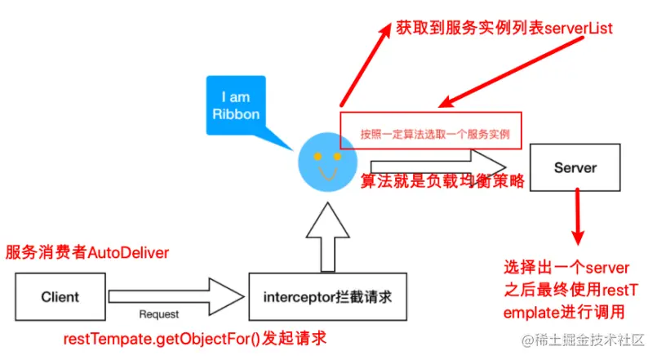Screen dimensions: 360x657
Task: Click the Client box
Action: (60, 297)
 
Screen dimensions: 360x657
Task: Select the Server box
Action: (575, 168)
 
